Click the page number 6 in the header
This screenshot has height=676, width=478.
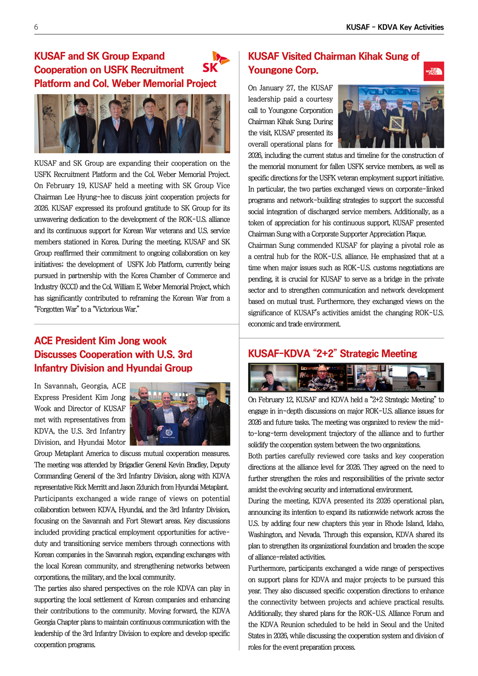point(36,27)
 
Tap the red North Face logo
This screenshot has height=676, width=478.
point(434,71)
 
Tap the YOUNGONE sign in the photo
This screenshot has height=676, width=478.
point(390,91)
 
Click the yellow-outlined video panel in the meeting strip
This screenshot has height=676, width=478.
point(273,377)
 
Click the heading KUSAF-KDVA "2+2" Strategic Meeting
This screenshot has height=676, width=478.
point(332,354)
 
